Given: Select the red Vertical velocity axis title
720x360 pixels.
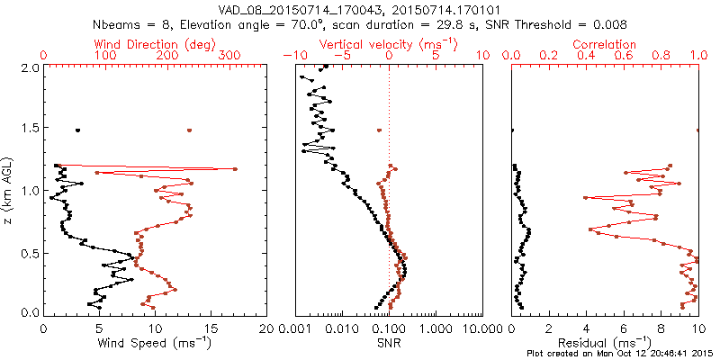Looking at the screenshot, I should tap(388, 43).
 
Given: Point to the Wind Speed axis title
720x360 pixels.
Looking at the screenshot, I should tap(155, 342).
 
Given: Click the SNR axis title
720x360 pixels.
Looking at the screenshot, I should tap(388, 342).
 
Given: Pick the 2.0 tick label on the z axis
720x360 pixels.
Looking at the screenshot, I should tap(28, 67).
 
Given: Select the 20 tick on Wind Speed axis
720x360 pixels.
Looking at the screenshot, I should tap(265, 328).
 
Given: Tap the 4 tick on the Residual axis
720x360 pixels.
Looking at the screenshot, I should tap(586, 328).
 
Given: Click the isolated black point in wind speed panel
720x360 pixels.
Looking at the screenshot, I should tap(78, 130).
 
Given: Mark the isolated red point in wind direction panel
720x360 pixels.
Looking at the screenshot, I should tap(189, 130).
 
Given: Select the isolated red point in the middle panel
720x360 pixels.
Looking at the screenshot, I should tap(379, 130).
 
